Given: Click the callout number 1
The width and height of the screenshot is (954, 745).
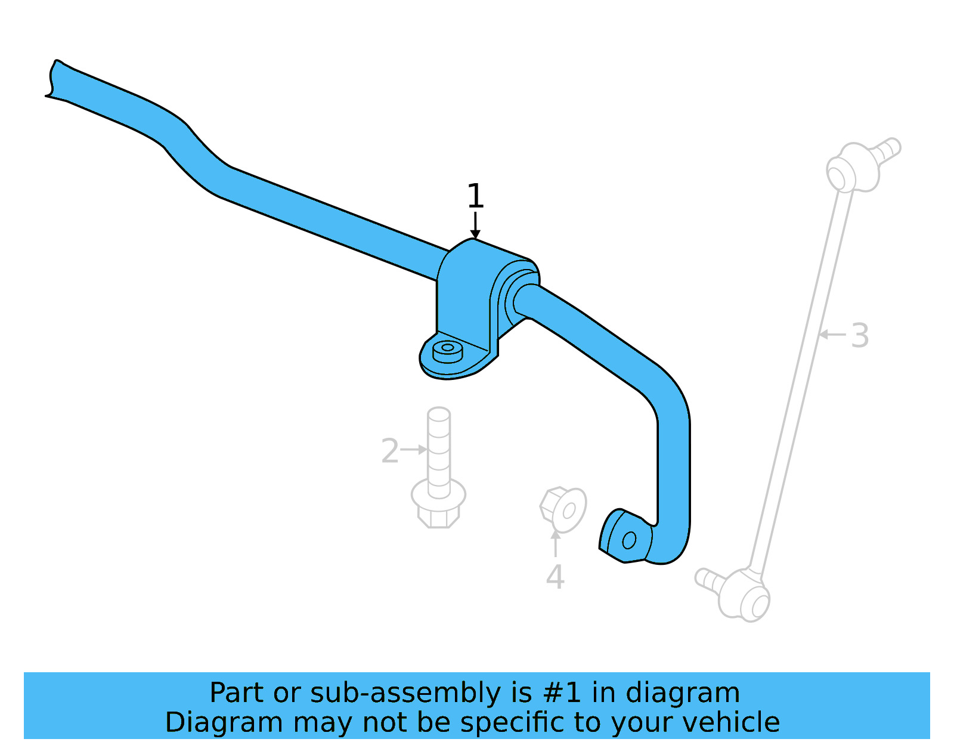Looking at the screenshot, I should click(x=475, y=196).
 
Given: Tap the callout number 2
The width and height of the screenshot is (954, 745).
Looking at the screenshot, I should click(x=389, y=451).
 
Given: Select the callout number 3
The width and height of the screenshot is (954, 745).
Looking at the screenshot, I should click(x=859, y=336).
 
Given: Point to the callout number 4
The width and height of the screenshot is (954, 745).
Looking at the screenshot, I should click(x=555, y=577).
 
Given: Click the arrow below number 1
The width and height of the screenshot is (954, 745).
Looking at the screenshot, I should click(x=475, y=226).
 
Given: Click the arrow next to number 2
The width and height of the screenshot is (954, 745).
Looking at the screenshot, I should click(x=413, y=449).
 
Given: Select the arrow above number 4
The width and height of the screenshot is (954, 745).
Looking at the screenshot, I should click(x=555, y=542).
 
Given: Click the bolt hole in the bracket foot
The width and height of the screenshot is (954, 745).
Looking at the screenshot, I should click(x=447, y=347).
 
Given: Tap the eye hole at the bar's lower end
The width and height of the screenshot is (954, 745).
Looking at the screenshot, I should click(x=628, y=540).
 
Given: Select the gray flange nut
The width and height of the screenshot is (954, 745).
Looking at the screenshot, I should click(x=563, y=509).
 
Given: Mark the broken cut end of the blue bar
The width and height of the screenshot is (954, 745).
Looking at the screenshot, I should click(x=52, y=79).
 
